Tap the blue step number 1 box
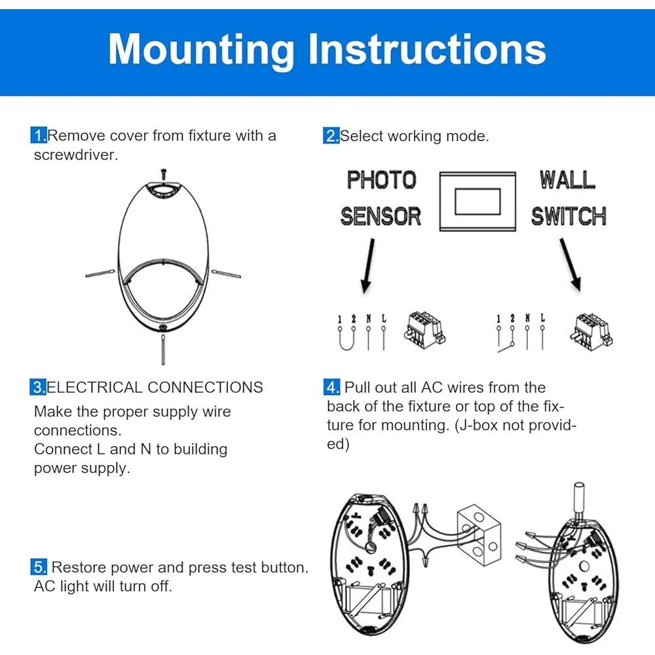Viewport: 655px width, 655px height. [x=39, y=136]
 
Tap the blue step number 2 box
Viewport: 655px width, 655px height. [x=331, y=136]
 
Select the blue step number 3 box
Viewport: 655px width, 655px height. [x=38, y=387]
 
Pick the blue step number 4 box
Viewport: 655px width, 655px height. [x=333, y=387]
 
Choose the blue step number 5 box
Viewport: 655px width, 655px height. [x=39, y=567]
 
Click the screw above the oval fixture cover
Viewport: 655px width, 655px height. [x=163, y=173]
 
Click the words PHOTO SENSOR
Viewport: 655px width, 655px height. [x=381, y=198]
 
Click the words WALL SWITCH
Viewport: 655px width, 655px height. [x=568, y=198]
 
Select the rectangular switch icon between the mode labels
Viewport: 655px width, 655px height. [x=477, y=200]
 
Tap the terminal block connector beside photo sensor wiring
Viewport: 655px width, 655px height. [x=424, y=329]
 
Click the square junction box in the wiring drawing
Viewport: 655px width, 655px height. [x=478, y=529]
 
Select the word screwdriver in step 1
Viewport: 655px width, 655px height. [x=76, y=155]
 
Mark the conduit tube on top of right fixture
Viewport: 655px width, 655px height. [x=578, y=497]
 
